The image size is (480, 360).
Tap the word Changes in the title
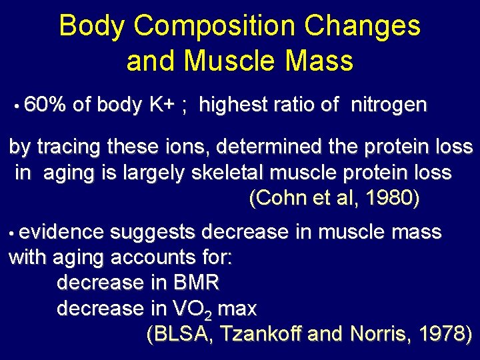(x=362, y=27)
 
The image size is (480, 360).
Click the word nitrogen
(x=389, y=105)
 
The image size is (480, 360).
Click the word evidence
(x=61, y=232)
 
